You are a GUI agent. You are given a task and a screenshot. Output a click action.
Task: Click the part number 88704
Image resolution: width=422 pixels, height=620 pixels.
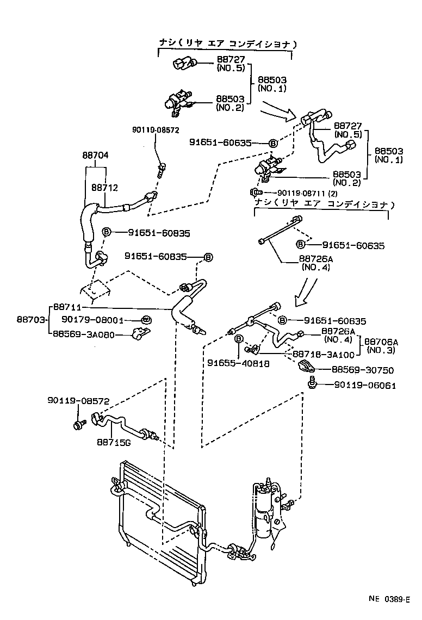click(96, 155)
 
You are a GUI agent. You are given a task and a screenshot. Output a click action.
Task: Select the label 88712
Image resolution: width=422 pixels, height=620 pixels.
click(104, 187)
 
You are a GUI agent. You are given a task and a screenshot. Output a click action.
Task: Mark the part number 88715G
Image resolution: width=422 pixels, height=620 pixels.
click(114, 442)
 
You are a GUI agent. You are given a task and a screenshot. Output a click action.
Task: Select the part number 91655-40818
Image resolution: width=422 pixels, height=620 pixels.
click(238, 364)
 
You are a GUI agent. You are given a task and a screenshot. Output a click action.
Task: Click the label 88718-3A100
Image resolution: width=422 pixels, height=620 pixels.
click(324, 354)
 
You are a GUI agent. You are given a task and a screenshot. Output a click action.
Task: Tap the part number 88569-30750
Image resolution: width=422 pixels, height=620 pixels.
click(363, 370)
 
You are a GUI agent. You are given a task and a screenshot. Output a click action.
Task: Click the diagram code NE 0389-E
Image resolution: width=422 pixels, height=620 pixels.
click(389, 599)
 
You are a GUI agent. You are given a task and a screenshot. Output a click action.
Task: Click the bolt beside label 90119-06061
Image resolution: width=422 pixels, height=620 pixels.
click(312, 385)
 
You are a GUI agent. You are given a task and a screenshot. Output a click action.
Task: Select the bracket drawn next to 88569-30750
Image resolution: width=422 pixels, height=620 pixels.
click(307, 368)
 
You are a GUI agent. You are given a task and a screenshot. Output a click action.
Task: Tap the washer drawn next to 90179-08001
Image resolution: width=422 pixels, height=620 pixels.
click(146, 320)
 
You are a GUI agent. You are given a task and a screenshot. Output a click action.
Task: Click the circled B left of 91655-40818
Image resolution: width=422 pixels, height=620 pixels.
click(238, 339)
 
